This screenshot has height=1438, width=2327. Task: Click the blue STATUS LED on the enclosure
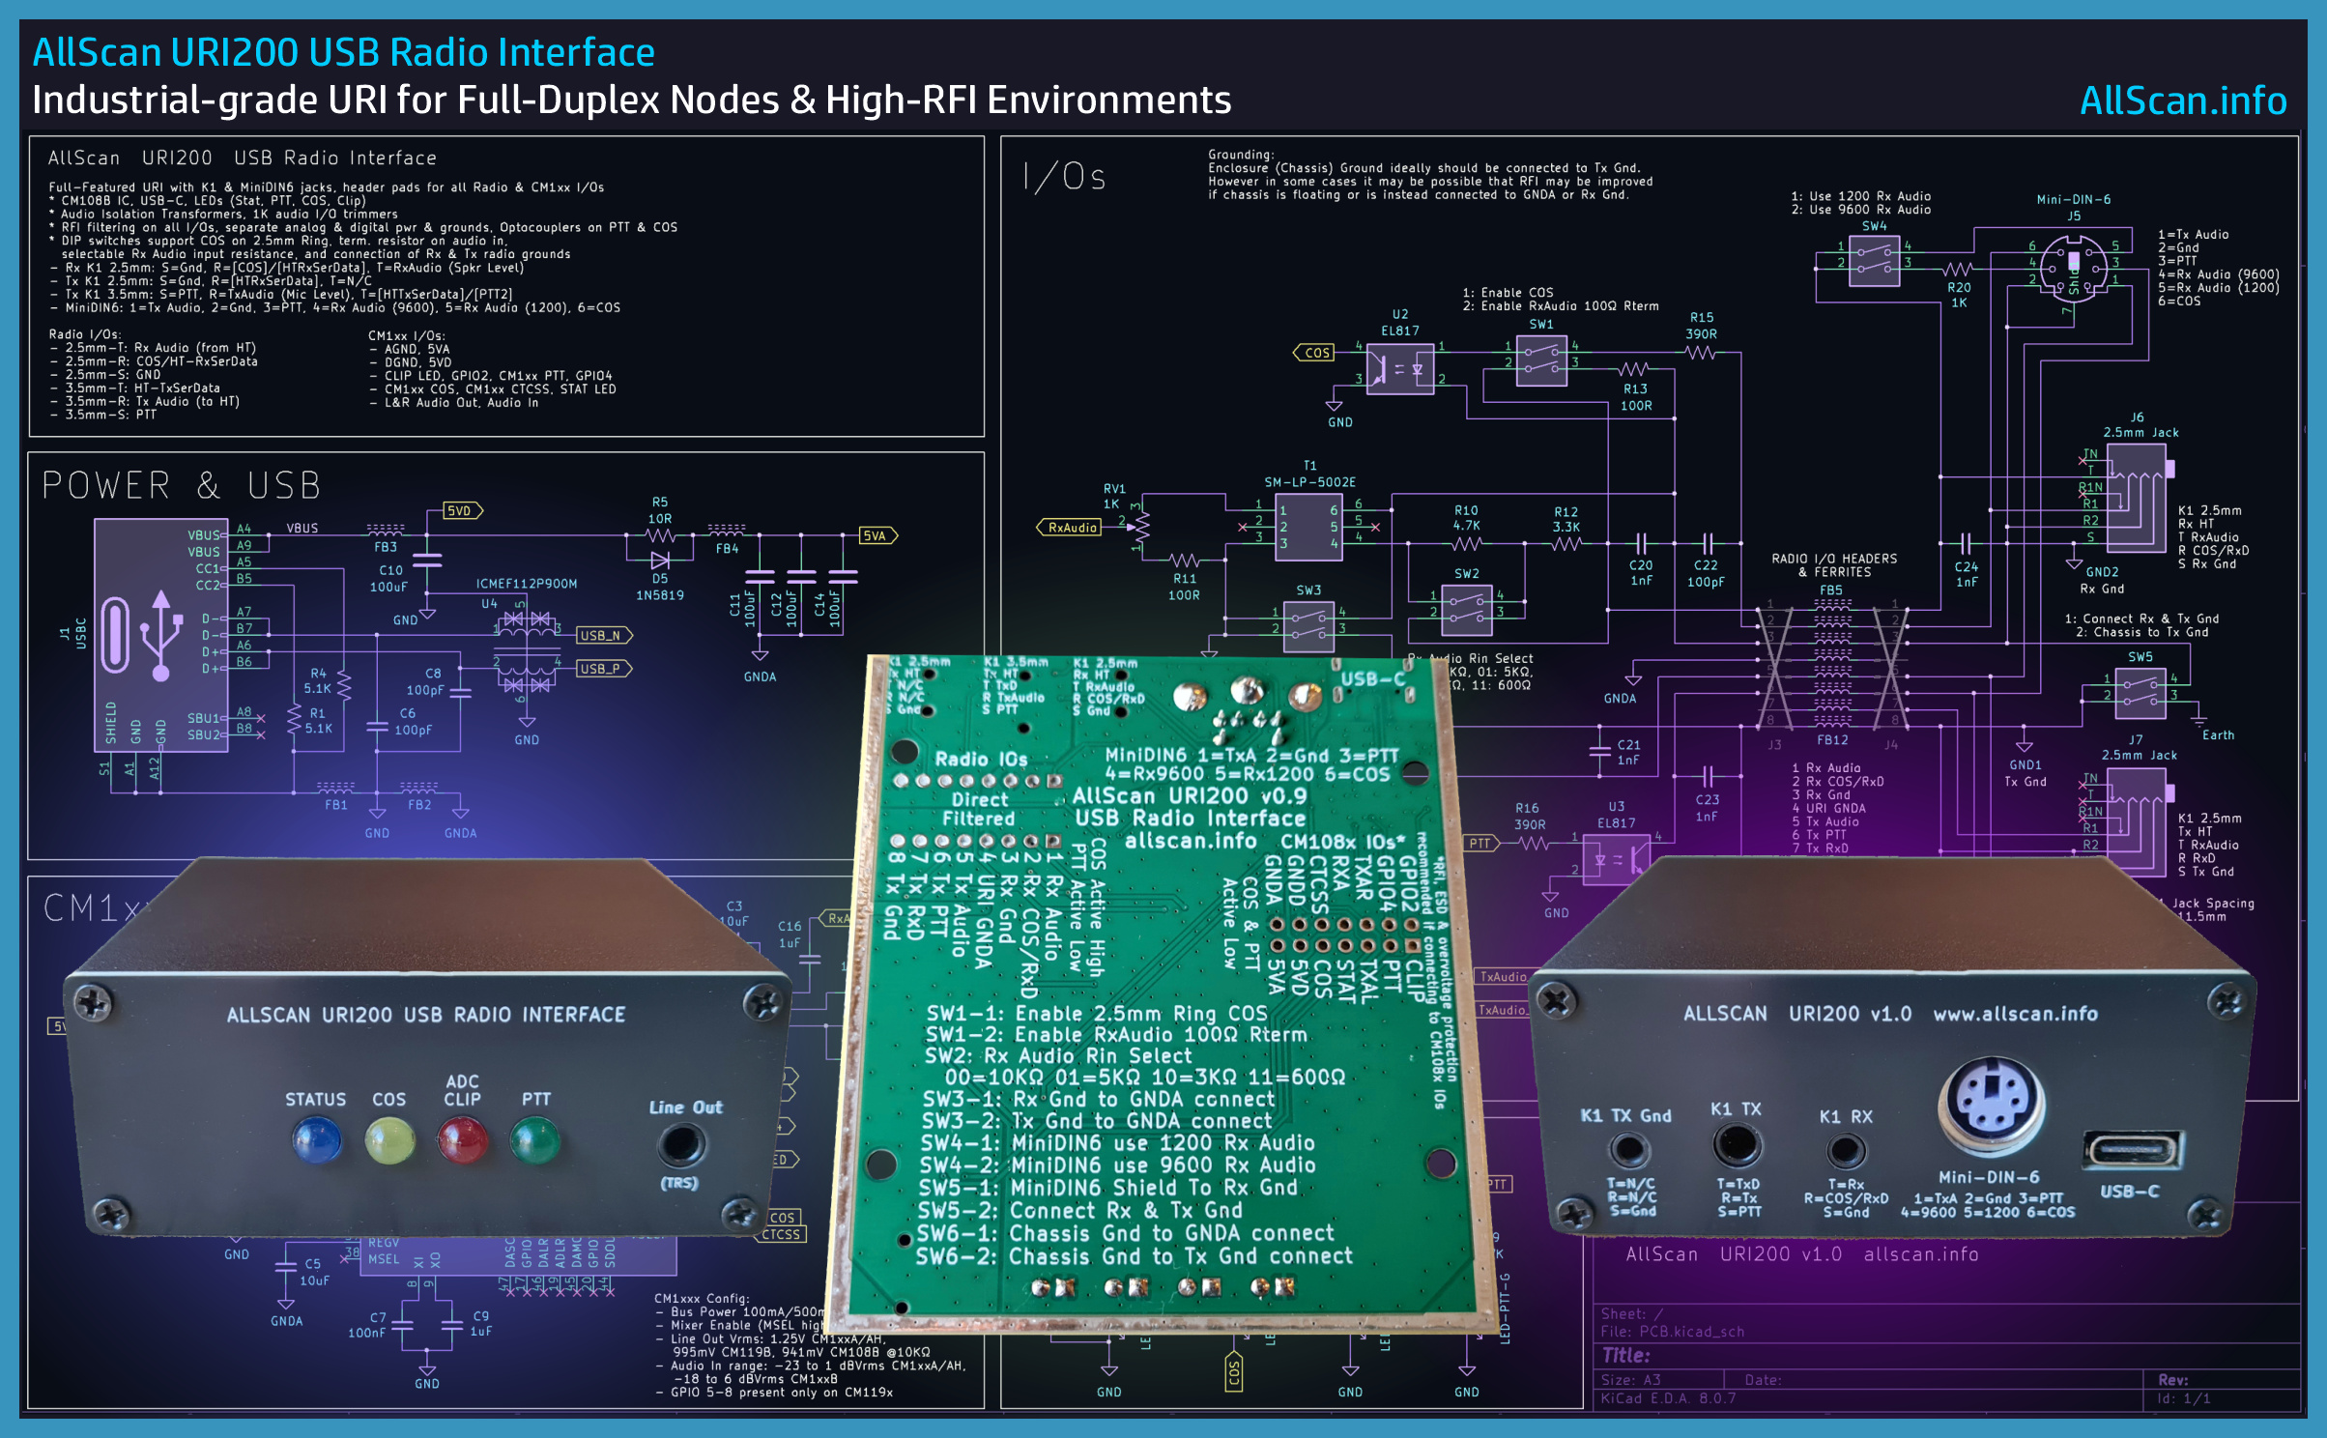pyautogui.click(x=317, y=1139)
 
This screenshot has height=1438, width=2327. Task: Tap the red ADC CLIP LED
pyautogui.click(x=462, y=1139)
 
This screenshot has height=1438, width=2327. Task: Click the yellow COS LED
pyautogui.click(x=389, y=1140)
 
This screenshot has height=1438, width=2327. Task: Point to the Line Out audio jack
pyautogui.click(x=681, y=1145)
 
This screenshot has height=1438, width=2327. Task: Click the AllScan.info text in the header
pyautogui.click(x=2182, y=101)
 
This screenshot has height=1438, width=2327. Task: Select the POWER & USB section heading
pyautogui.click(x=181, y=485)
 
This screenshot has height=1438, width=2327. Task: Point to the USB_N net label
pyautogui.click(x=603, y=635)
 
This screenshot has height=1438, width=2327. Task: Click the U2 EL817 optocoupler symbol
pyautogui.click(x=1399, y=368)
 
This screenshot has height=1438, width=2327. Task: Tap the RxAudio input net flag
pyautogui.click(x=1071, y=528)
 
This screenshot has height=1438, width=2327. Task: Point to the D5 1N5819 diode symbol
pyautogui.click(x=660, y=561)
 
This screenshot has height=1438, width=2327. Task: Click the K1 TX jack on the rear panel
pyautogui.click(x=1737, y=1146)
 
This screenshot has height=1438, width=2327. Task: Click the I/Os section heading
pyautogui.click(x=1064, y=177)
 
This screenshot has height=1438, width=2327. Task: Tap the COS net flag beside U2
pyautogui.click(x=1315, y=353)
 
